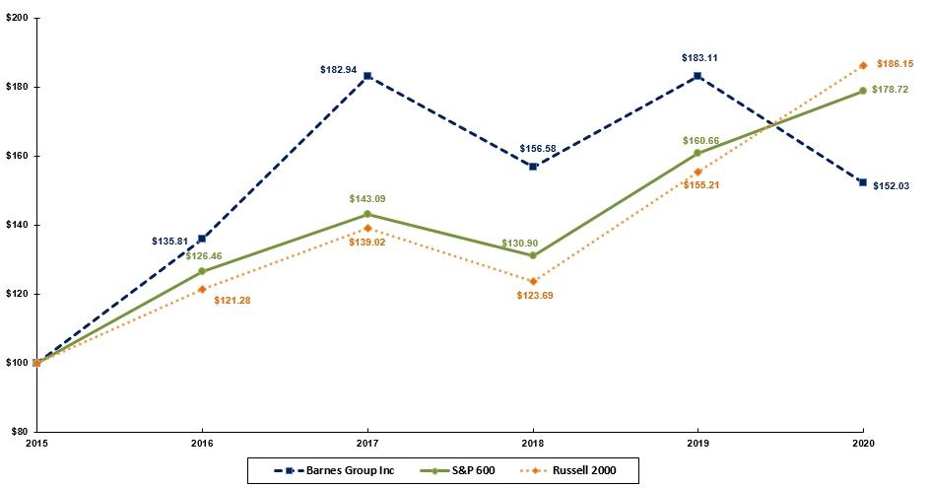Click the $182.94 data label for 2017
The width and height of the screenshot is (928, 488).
tap(339, 70)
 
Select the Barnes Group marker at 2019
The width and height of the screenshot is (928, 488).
tap(697, 76)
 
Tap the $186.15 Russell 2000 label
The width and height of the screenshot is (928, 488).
tap(894, 62)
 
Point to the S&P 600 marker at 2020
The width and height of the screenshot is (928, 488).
tap(863, 91)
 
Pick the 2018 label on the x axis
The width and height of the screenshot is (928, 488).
tap(532, 444)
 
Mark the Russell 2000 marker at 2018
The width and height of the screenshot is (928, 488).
tap(533, 281)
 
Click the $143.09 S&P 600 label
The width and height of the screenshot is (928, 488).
tap(367, 199)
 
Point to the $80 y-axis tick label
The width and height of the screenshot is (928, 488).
tap(19, 431)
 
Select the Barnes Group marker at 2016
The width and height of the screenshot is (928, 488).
tap(202, 239)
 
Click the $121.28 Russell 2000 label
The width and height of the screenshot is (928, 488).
tap(232, 300)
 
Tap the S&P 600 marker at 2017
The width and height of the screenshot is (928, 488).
tap(367, 214)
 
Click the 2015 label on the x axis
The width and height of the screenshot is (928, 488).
tap(36, 444)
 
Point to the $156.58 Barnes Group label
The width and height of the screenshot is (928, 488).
tap(536, 149)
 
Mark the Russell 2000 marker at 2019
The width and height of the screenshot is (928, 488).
tap(697, 172)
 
